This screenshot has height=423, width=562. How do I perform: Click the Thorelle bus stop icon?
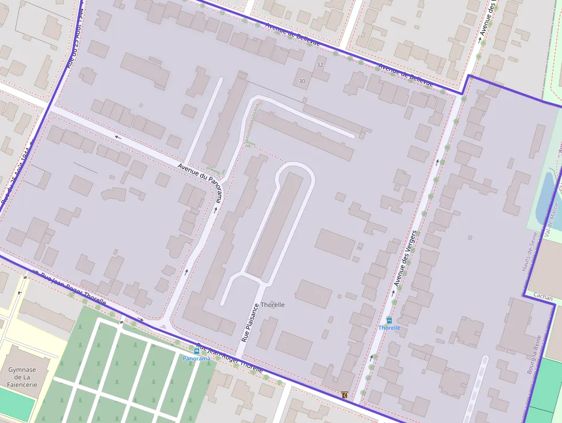click(389, 320)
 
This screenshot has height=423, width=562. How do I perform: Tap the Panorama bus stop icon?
click(197, 351)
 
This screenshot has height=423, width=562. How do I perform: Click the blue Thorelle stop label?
click(389, 328)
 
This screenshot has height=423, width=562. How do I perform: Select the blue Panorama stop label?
click(196, 358)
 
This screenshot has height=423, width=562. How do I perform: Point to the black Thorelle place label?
click(272, 305)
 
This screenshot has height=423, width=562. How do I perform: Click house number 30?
click(302, 82)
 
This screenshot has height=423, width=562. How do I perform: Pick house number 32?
click(319, 65)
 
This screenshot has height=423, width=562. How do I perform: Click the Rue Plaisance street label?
click(248, 323)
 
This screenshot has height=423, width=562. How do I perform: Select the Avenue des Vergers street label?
click(405, 259)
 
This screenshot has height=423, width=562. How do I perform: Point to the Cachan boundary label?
click(543, 298)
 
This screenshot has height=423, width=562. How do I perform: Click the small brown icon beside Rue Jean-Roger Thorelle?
click(344, 395)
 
